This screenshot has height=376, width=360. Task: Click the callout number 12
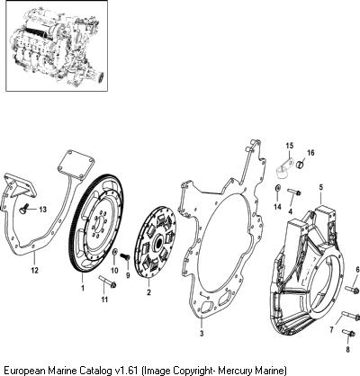[x=35, y=270]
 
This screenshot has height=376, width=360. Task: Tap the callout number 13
[x=43, y=210]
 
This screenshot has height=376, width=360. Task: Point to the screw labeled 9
[x=124, y=256]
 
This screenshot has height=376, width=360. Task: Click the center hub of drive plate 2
[x=158, y=242]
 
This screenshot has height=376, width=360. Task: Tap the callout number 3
[x=202, y=333]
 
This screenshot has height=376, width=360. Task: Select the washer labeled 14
[x=278, y=189]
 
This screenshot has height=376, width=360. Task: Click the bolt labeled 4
[x=294, y=192]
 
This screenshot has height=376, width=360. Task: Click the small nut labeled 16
[x=300, y=165]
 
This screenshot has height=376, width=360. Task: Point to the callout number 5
[x=321, y=188]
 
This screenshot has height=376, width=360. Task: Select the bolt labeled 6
[x=352, y=290]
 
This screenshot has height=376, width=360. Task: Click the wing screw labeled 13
[x=23, y=210]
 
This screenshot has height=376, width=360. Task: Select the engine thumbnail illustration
[x=57, y=46]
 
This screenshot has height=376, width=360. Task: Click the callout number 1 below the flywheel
[x=83, y=288]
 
